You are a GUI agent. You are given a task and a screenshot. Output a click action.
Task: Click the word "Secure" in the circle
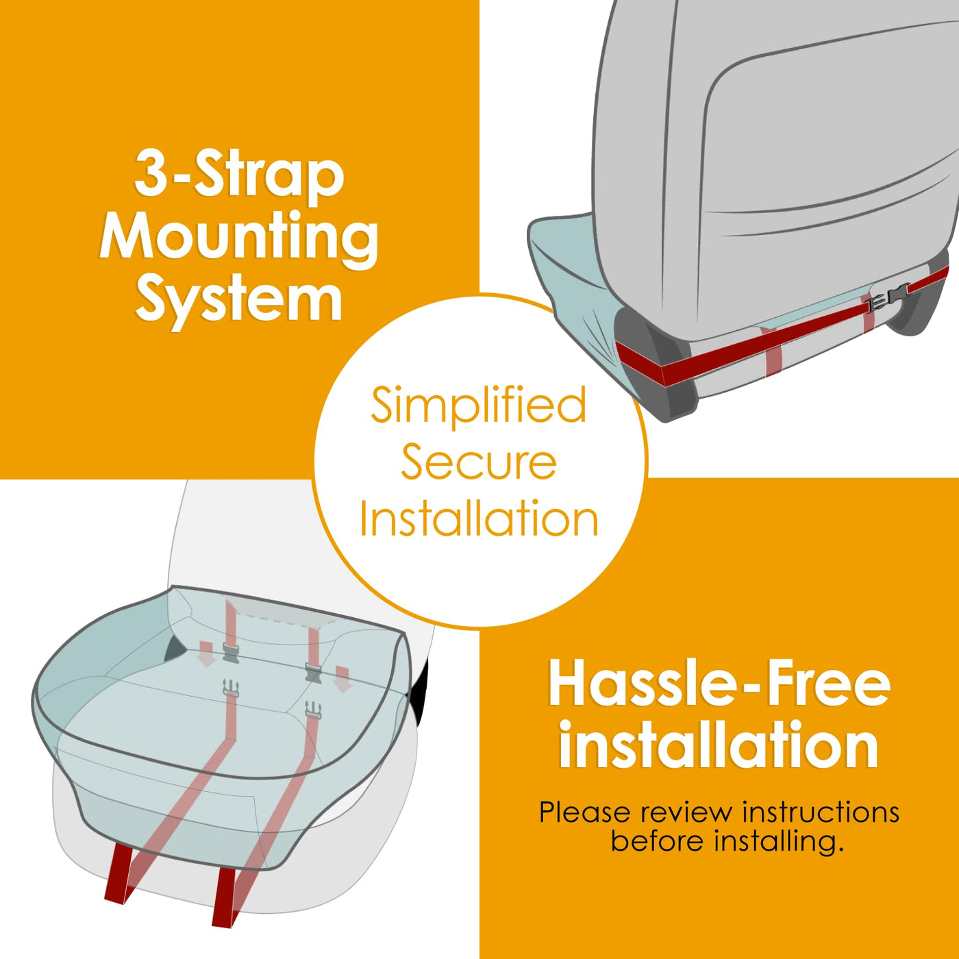point(479,463)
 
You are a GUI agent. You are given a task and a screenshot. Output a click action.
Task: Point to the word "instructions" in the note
point(821,812)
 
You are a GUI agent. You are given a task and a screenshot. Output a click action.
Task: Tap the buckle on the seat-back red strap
point(888,297)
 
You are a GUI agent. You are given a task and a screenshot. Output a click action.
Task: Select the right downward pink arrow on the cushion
point(342,680)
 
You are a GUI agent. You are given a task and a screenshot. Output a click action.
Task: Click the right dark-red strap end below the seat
point(225,897)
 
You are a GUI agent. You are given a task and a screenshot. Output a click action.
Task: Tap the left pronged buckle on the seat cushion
point(231,688)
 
